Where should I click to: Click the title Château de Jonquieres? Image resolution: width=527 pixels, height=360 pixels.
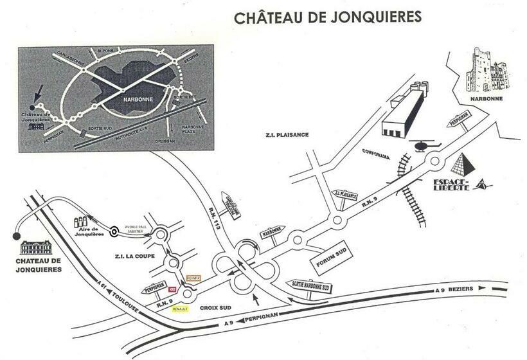coord(327,17)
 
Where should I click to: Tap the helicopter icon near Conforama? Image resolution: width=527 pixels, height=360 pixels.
coord(422,146)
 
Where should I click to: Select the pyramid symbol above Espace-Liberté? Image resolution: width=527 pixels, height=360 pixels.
coord(462,165)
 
